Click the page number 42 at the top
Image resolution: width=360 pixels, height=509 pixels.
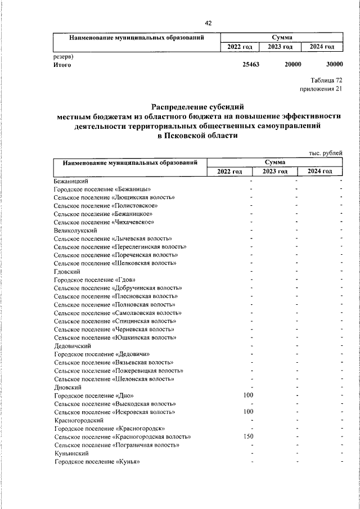point(208,23)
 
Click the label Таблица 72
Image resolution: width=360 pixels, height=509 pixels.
point(326,80)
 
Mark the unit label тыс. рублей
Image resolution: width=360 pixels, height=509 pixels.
point(326,154)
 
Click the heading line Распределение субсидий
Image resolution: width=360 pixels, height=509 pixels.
point(199,106)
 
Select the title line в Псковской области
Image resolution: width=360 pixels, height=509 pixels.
point(199,136)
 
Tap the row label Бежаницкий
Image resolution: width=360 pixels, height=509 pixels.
point(70,182)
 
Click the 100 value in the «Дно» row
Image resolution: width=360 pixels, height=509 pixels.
point(248,395)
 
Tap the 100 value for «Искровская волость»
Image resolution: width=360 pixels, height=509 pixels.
point(248,412)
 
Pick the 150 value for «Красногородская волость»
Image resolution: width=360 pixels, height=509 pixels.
point(248,436)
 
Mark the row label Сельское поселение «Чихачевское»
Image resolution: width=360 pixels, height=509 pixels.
point(104,222)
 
